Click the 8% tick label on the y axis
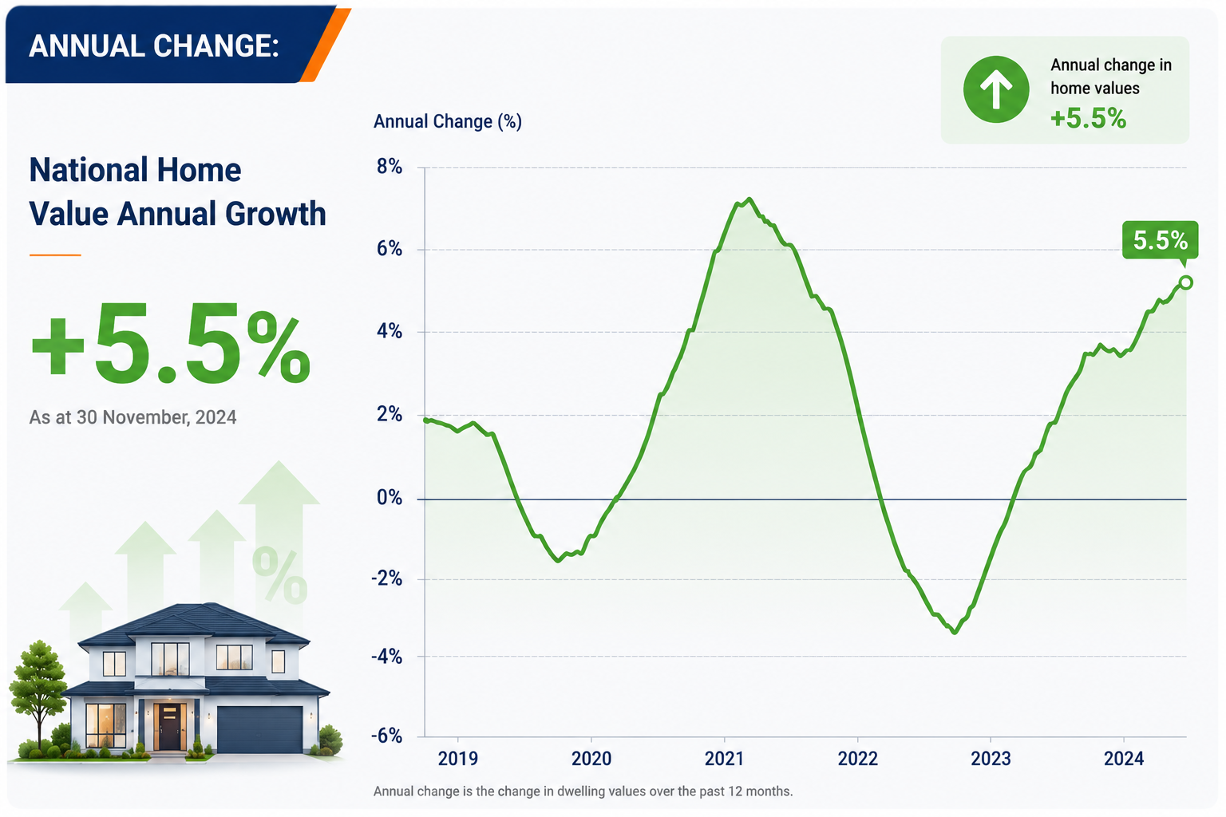click(x=390, y=167)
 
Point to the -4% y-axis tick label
click(x=386, y=657)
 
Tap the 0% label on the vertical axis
click(x=390, y=497)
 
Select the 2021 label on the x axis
click(x=724, y=759)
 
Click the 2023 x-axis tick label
click(x=990, y=759)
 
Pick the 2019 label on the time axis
click(x=457, y=759)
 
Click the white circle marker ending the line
click(x=1185, y=282)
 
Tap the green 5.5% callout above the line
click(x=1161, y=240)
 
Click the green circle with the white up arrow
click(x=996, y=89)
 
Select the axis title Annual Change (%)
click(x=448, y=121)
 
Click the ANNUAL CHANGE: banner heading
click(x=154, y=46)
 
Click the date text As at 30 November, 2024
click(x=132, y=417)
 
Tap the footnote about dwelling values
click(x=583, y=791)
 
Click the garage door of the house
click(x=260, y=729)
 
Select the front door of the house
click(x=169, y=727)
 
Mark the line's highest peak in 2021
click(x=749, y=199)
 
